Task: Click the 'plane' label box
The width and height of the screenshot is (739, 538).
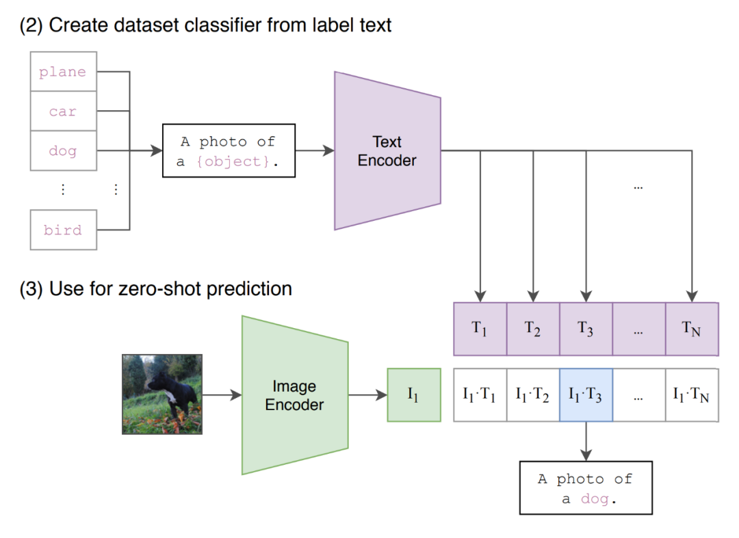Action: [64, 72]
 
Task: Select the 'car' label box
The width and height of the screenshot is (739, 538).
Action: [64, 111]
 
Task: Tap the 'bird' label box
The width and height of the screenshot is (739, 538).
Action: [64, 230]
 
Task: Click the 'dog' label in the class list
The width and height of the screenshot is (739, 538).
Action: [64, 150]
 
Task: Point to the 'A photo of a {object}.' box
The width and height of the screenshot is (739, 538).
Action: [229, 150]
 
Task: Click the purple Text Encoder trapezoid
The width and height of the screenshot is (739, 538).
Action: [387, 150]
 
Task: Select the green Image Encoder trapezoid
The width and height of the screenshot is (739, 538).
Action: [294, 395]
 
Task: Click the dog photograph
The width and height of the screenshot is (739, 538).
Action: [162, 394]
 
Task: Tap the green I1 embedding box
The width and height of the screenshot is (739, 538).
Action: [414, 395]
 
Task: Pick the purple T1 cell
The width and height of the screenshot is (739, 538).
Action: [480, 329]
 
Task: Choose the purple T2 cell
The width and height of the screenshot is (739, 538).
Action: [533, 329]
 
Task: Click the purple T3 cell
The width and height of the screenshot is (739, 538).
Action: [586, 329]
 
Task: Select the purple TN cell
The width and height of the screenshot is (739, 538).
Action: [692, 329]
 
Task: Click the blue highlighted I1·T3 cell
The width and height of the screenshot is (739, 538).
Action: [586, 395]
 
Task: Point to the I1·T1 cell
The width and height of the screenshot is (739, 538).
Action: [480, 395]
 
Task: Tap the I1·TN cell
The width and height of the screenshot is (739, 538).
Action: [692, 395]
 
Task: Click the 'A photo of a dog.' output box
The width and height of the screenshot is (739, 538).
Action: [586, 487]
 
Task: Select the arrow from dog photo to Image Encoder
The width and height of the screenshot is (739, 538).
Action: [222, 395]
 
